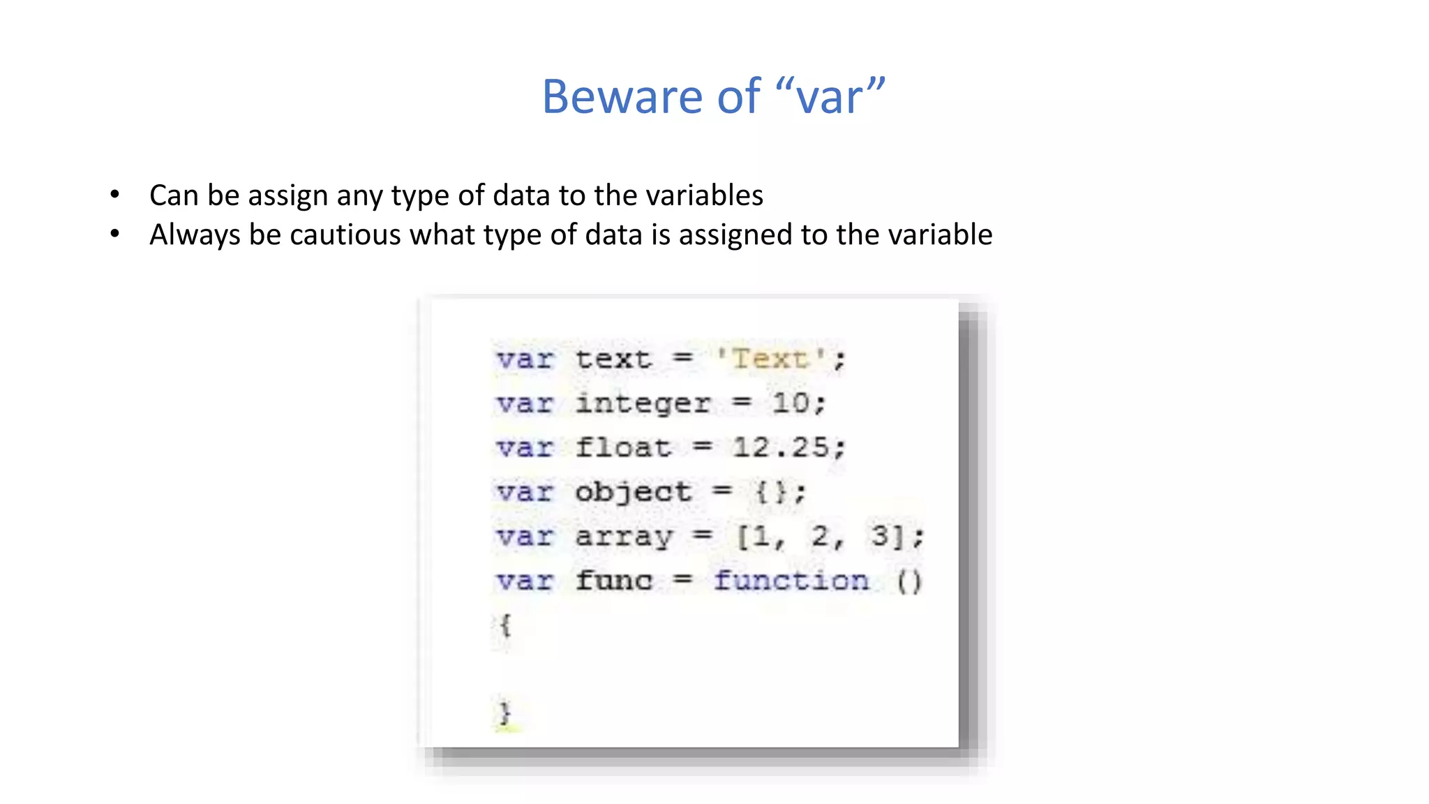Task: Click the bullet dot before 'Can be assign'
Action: (x=115, y=195)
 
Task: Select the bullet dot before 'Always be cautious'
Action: (x=115, y=234)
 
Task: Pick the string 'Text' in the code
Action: (x=770, y=359)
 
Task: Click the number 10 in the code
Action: (x=791, y=403)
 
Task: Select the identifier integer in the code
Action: (x=643, y=403)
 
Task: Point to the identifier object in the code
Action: (x=633, y=492)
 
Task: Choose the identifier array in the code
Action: (x=624, y=537)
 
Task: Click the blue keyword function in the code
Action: (x=791, y=580)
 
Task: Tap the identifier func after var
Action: (x=614, y=580)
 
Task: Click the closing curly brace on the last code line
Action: (x=504, y=713)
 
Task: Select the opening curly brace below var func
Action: (x=505, y=625)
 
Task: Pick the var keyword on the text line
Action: (x=525, y=359)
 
